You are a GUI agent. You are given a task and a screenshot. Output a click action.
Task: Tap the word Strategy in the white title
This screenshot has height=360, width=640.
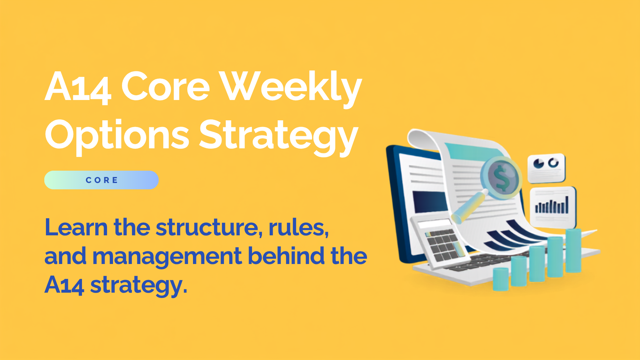tap(279, 136)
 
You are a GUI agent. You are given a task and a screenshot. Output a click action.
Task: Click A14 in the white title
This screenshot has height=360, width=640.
tap(78, 87)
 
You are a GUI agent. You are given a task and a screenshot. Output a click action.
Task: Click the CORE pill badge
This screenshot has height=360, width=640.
tap(101, 180)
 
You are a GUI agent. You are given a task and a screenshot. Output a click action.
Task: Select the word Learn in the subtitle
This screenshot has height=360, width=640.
tap(76, 227)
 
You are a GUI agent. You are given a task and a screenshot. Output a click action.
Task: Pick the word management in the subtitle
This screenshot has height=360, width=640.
tap(167, 257)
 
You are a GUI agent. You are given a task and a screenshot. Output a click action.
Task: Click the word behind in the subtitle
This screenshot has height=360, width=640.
tap(286, 256)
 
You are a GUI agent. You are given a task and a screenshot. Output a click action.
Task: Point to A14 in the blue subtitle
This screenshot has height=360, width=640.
tap(64, 285)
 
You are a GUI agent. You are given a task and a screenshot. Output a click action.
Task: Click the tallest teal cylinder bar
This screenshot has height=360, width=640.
tap(573, 251)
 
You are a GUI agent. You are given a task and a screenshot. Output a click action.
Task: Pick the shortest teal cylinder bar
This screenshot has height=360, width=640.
tap(501, 279)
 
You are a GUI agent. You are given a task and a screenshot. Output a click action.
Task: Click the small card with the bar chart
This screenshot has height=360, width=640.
tap(553, 207)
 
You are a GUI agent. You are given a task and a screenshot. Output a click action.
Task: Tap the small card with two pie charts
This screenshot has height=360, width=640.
tap(546, 168)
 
